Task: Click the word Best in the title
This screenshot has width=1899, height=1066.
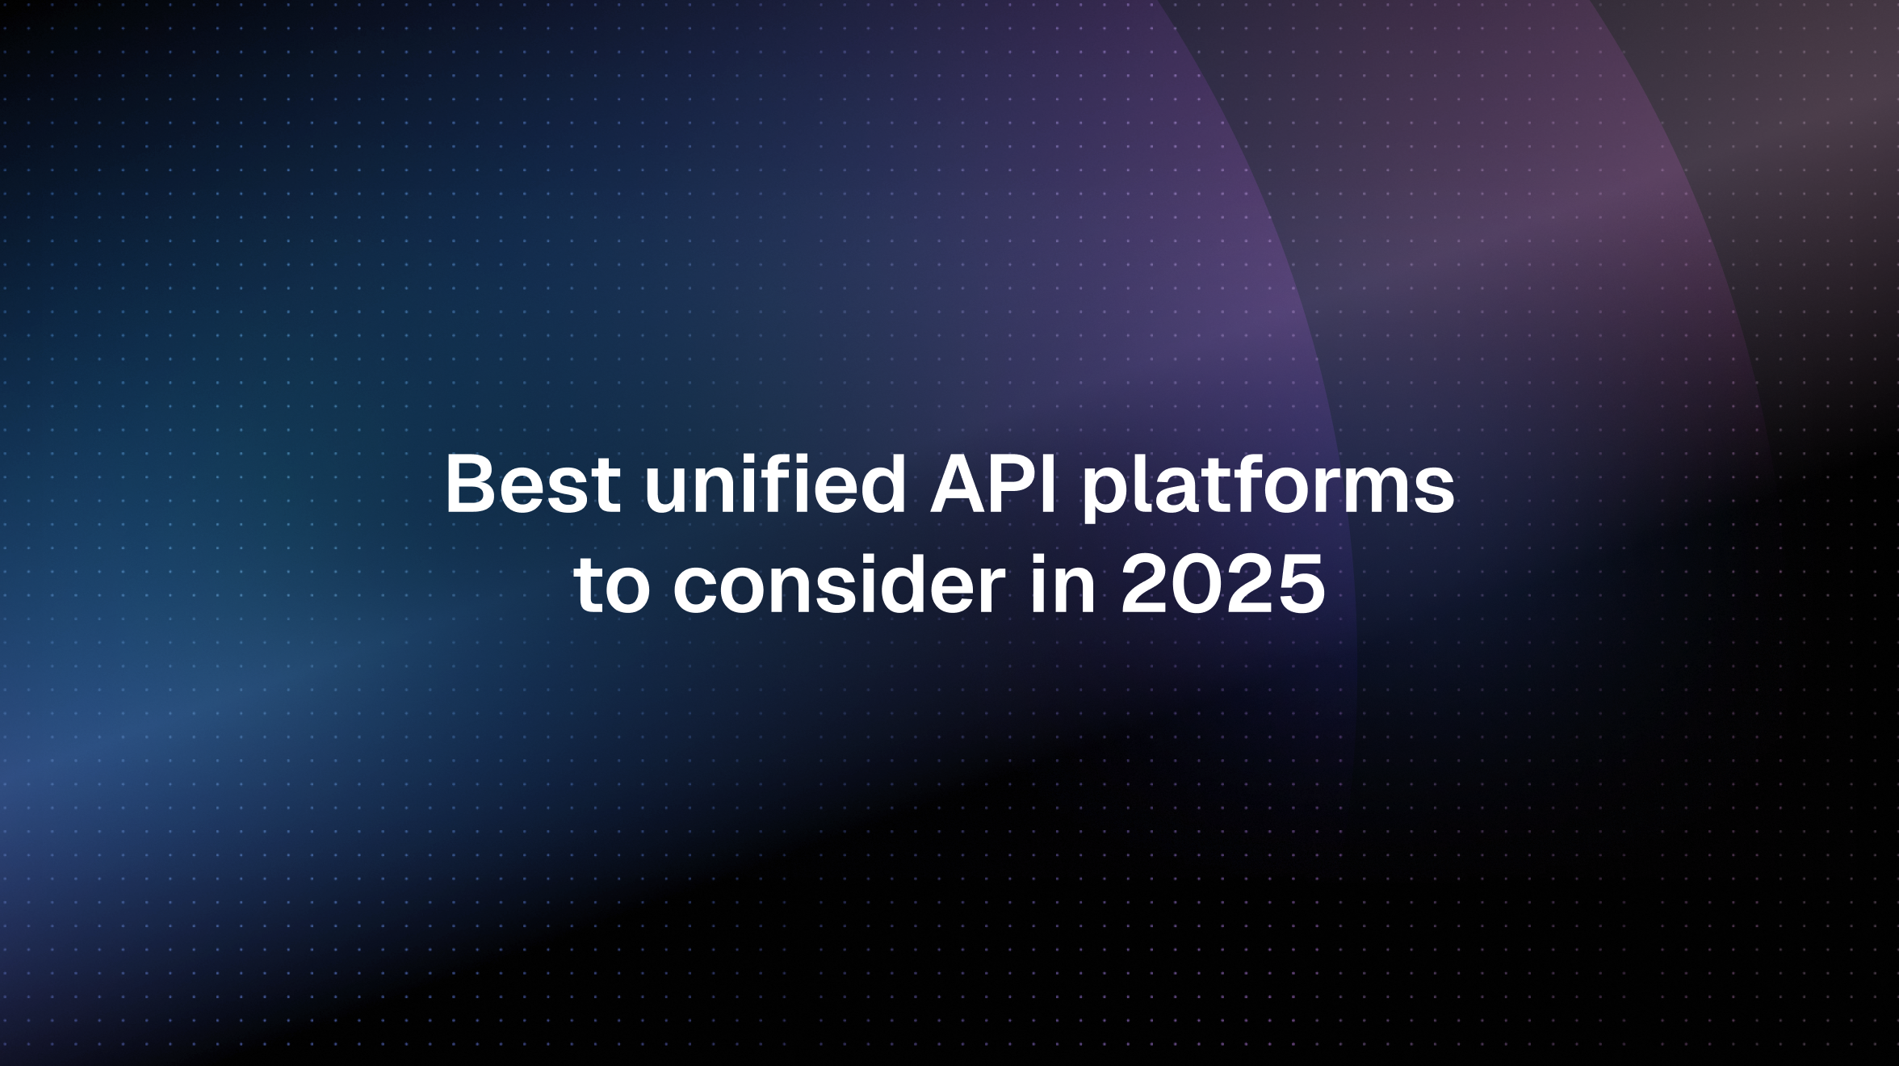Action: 533,486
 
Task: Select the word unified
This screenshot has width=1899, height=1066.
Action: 775,486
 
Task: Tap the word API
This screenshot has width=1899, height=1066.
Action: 993,486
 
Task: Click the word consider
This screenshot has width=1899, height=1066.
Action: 839,585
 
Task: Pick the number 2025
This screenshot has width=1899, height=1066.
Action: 1222,585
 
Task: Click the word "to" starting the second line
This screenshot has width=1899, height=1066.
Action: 612,586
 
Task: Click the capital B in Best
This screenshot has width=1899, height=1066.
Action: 470,486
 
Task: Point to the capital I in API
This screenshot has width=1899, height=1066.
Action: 1047,486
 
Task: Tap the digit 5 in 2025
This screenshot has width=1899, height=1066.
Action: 1299,585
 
